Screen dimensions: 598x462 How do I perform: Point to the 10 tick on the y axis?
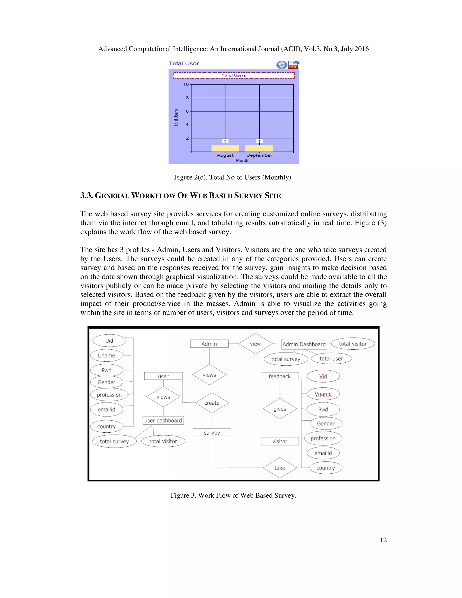(x=186, y=84)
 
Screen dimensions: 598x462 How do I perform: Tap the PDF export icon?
(x=294, y=65)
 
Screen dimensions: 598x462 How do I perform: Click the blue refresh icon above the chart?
(x=282, y=65)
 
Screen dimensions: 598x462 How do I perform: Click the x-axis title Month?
(x=242, y=160)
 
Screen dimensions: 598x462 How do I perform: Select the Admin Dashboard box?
(x=304, y=344)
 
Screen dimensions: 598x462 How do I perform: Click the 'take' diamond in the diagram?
(x=280, y=468)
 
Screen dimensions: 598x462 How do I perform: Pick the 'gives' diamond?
(x=280, y=409)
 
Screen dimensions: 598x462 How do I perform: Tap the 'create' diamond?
(x=212, y=403)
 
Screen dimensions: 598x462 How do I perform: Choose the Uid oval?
(x=109, y=341)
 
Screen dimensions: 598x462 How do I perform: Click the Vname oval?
(x=323, y=394)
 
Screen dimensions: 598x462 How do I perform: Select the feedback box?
(x=280, y=376)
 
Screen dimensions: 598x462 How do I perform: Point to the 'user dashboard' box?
(x=163, y=420)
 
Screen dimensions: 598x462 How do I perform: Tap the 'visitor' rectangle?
(x=280, y=441)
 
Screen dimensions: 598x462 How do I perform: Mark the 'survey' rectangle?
(x=212, y=432)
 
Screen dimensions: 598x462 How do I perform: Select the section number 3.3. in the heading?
(x=86, y=195)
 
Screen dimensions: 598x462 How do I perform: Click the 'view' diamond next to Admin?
(x=255, y=344)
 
